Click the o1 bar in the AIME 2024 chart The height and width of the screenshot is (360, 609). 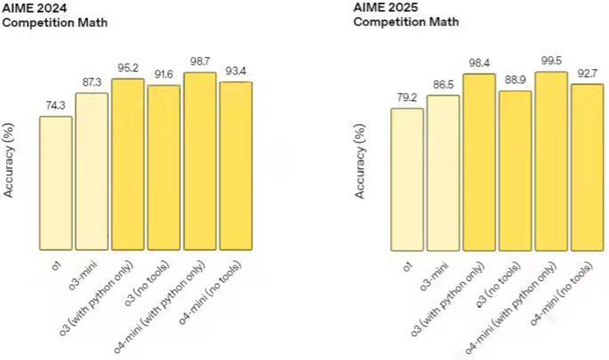56,183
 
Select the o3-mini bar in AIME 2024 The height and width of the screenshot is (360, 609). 92,171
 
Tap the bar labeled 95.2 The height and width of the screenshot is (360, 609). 128,164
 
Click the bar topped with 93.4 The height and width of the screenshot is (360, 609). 236,165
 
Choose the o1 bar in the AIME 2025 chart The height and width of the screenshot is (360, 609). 407,179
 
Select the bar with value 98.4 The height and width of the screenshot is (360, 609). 479,161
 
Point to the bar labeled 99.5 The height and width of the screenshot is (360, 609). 551,160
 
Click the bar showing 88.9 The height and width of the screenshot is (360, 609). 515,170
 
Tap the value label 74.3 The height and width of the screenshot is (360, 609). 56,105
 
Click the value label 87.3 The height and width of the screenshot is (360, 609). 92,82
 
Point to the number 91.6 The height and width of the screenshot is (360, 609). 164,74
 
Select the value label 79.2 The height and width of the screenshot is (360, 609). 407,97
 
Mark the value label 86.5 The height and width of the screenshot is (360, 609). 443,84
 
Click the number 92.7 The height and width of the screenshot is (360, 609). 587,73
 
